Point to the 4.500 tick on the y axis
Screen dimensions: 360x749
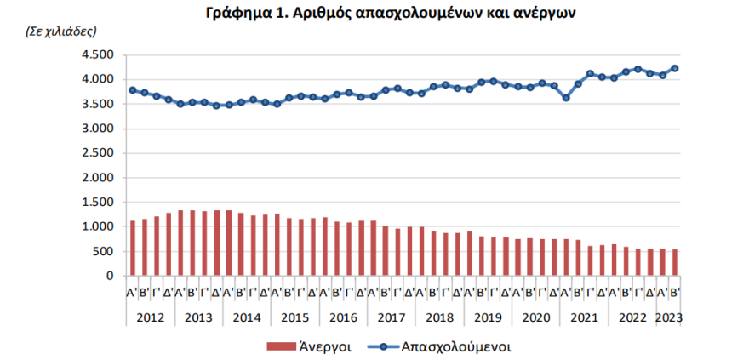click(97, 54)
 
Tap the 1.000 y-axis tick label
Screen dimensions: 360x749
click(97, 227)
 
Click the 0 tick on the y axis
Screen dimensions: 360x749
click(109, 277)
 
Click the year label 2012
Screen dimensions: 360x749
click(150, 317)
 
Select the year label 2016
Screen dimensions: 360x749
click(342, 317)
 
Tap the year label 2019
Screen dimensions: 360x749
click(487, 317)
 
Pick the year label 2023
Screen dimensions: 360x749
click(668, 317)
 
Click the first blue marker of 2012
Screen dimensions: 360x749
click(132, 90)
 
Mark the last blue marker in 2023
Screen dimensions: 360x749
click(675, 68)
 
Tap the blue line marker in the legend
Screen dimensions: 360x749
click(382, 346)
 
